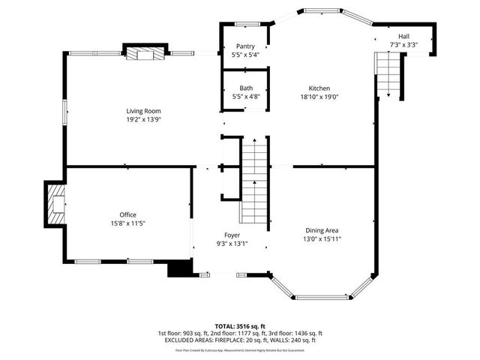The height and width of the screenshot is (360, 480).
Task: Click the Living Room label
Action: click(143, 111)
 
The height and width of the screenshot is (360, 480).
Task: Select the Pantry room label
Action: click(246, 46)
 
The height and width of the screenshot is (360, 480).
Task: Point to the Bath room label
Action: click(246, 88)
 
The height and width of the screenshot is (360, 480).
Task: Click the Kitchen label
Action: click(319, 88)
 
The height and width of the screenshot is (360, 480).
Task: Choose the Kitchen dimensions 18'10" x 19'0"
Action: click(319, 96)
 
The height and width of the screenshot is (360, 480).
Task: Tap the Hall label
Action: click(403, 36)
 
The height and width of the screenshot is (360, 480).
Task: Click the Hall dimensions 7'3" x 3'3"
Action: click(403, 44)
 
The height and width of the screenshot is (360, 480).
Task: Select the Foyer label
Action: click(232, 235)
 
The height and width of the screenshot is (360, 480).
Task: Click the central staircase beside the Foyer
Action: click(255, 180)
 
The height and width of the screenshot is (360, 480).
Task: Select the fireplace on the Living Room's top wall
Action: click(142, 53)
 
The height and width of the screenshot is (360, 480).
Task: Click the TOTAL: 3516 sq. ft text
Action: click(239, 326)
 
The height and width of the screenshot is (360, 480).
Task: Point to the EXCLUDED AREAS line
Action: click(239, 340)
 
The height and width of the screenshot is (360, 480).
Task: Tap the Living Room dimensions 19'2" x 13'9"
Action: click(143, 119)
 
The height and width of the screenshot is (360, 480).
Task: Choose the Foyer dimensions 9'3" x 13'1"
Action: click(232, 243)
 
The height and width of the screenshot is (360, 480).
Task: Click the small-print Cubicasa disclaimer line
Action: click(239, 349)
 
